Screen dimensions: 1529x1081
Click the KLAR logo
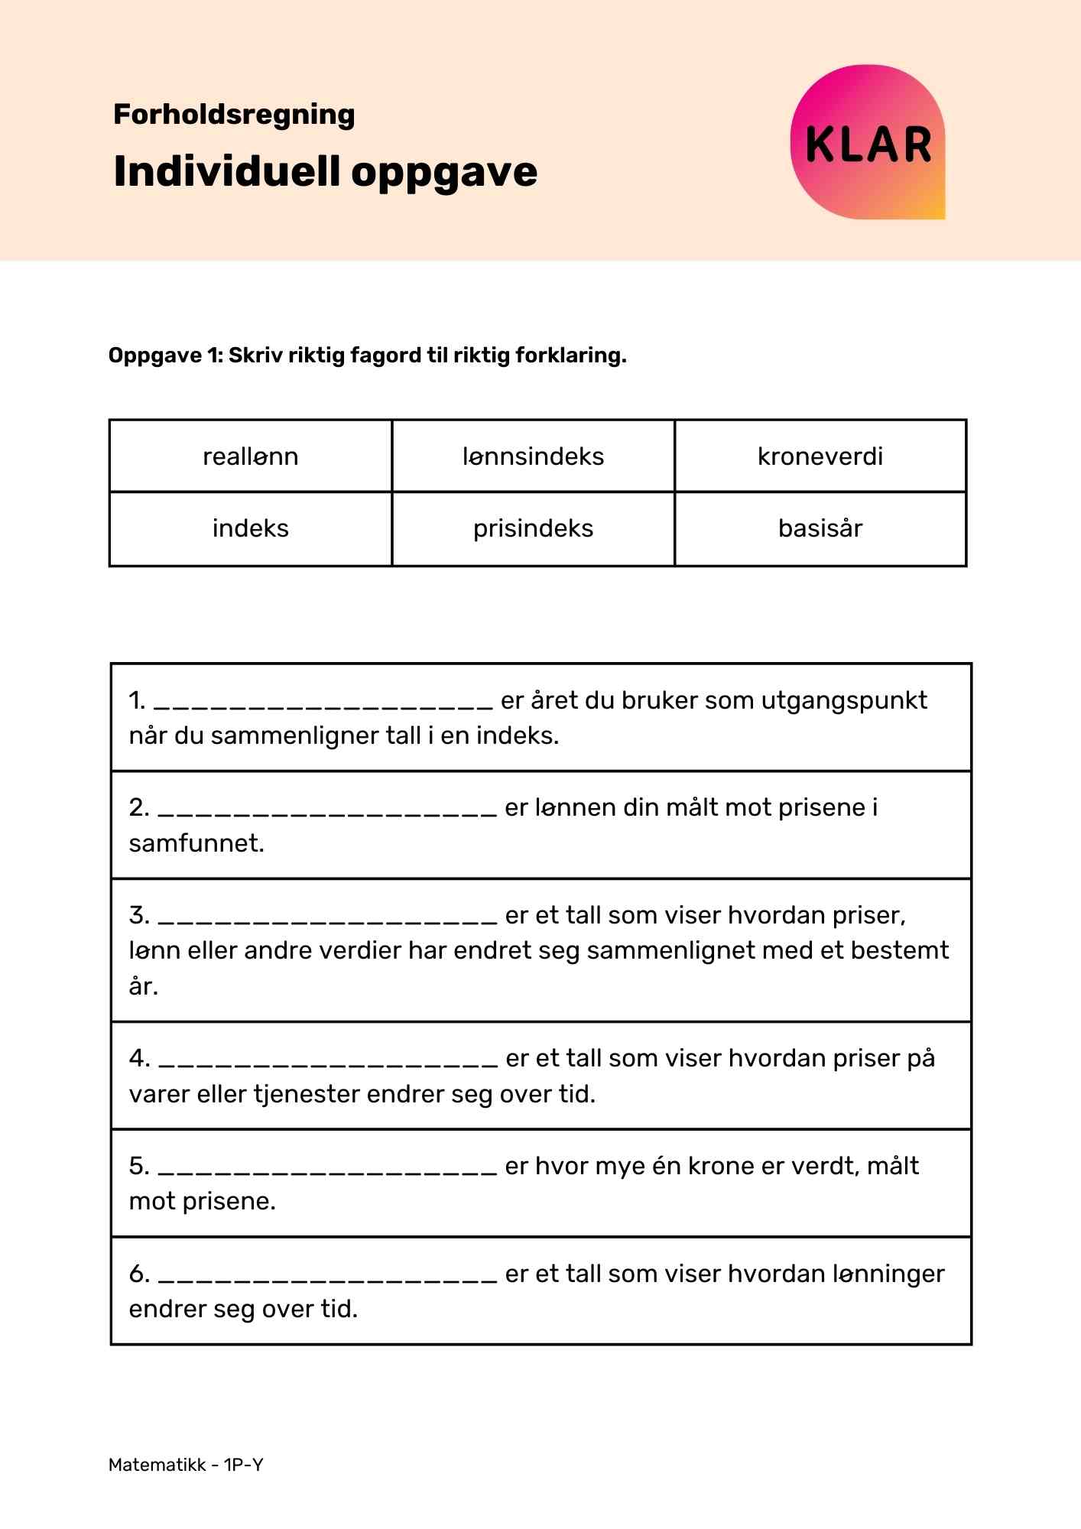click(868, 143)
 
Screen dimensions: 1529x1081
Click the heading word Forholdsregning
click(234, 115)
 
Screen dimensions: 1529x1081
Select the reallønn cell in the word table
click(251, 456)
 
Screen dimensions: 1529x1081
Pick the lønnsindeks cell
click(533, 456)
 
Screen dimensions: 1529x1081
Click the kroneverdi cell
click(820, 456)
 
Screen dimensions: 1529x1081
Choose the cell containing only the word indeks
click(251, 528)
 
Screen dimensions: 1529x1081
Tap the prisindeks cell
click(533, 528)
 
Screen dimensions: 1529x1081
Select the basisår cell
click(820, 528)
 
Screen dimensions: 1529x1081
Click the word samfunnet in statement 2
click(196, 843)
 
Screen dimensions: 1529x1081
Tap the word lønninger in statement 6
click(888, 1274)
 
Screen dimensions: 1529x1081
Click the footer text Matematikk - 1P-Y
click(186, 1465)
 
